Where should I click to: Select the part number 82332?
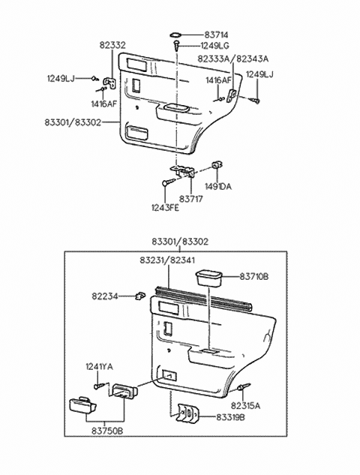pos(113,46)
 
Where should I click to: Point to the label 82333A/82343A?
pos(232,58)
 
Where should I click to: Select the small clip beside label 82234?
pos(140,296)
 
